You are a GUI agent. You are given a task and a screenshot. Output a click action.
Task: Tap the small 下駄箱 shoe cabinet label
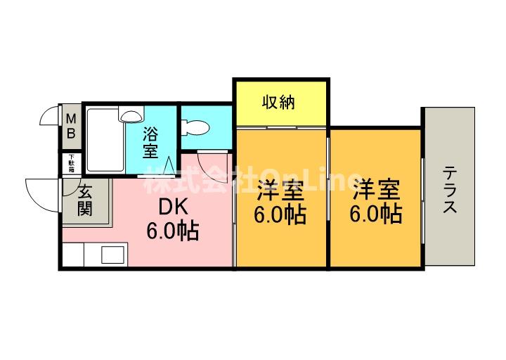pos(71,163)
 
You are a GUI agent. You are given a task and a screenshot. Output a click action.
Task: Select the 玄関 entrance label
pos(85,200)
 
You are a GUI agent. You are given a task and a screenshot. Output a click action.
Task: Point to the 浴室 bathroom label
pos(151,141)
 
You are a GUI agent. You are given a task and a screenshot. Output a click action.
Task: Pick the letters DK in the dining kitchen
pos(172,207)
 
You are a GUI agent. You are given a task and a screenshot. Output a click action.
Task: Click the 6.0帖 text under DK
pos(172,230)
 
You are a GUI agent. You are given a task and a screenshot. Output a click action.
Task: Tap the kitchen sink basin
pos(112,254)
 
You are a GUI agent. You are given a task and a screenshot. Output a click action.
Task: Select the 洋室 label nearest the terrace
pos(376,190)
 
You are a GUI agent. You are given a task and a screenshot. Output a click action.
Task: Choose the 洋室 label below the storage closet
pos(281,190)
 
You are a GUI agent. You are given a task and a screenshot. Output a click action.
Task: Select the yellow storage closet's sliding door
pos(281,127)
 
